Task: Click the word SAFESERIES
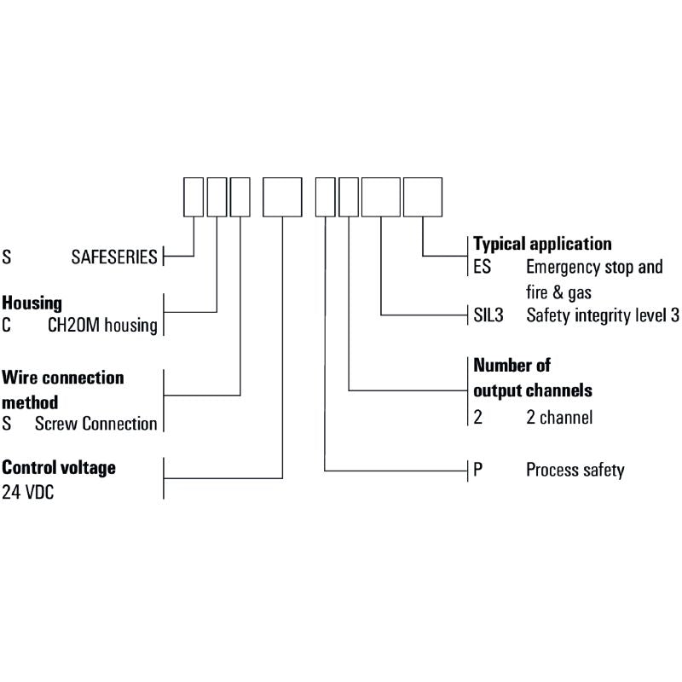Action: coord(114,257)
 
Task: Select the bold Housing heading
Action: coord(32,303)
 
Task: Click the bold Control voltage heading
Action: coord(59,468)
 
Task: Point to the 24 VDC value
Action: coord(28,493)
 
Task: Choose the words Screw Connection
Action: coord(95,424)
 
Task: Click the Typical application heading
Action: coord(542,244)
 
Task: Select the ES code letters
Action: coord(482,267)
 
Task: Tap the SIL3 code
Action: coord(488,315)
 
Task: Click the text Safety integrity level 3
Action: coord(603,315)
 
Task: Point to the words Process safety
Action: coord(575,470)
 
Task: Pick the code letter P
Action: coord(478,470)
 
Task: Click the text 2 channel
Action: coord(559,418)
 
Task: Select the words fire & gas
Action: coord(558,292)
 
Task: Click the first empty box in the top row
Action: coord(194,197)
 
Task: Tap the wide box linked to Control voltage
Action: coord(282,197)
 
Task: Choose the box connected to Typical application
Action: coord(423,197)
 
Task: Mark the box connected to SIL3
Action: coord(381,197)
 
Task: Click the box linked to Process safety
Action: coord(326,197)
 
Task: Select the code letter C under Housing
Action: coord(6,326)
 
